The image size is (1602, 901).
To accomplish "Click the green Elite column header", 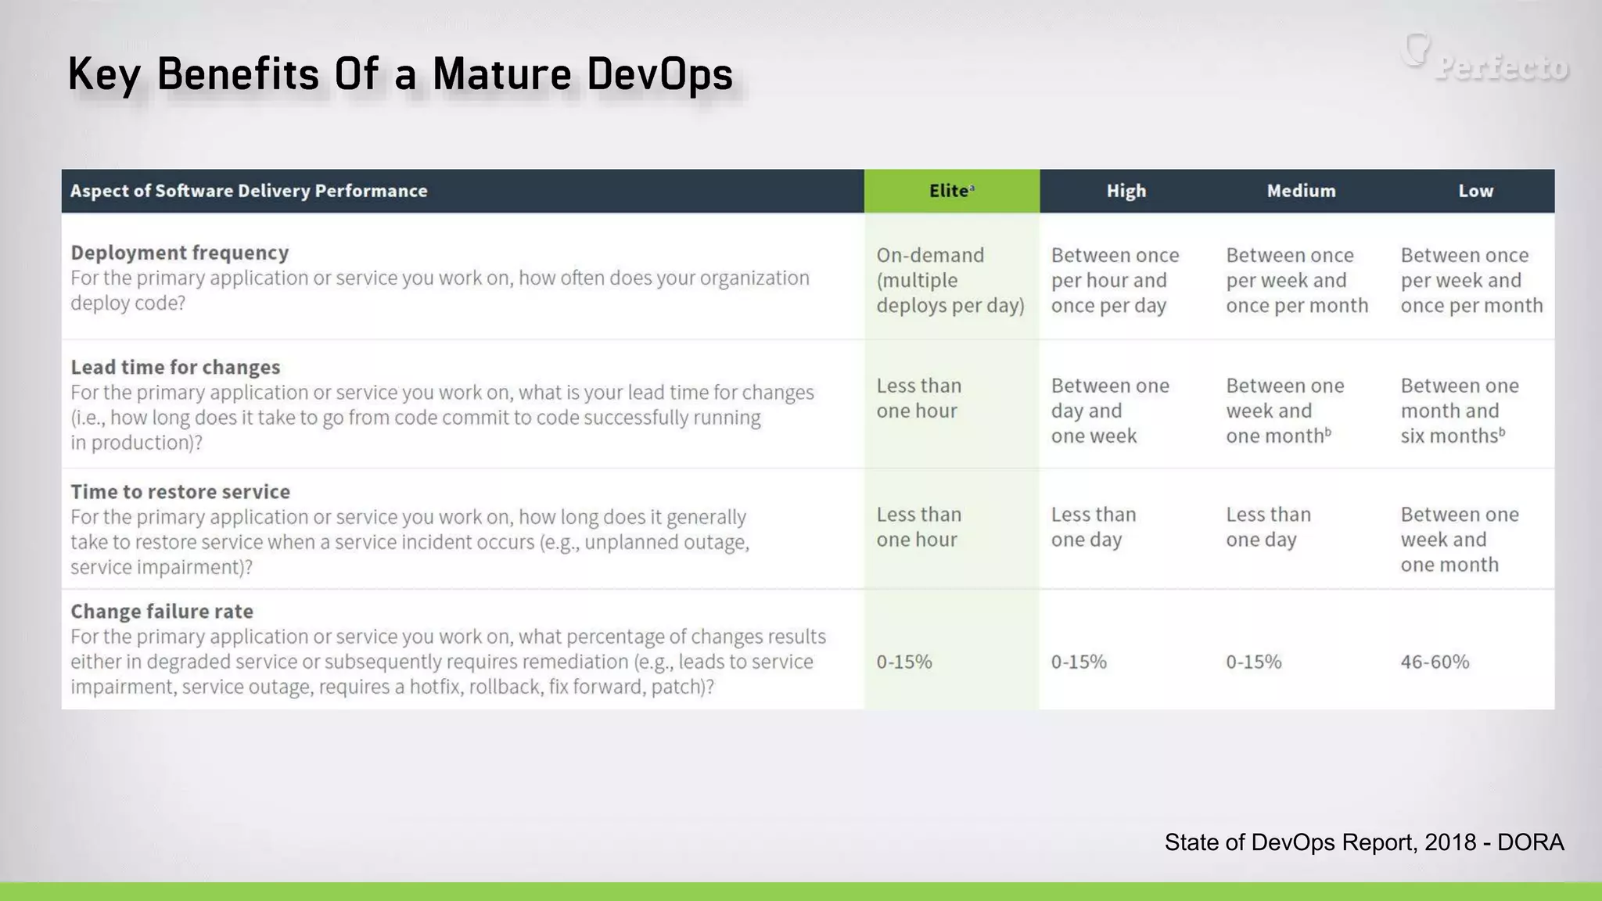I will coord(951,191).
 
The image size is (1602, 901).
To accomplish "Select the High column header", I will coord(1126,191).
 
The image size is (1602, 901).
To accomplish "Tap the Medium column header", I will coord(1301,191).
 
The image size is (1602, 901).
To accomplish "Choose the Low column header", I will coord(1475,191).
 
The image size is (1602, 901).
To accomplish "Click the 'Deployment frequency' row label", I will coord(180,253).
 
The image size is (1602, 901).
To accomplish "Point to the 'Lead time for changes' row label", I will coord(175,367).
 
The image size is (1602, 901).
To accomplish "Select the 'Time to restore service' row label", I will coord(180,492).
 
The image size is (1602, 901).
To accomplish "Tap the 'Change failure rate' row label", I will coord(162,612).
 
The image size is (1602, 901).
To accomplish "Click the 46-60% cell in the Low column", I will coord(1435,662).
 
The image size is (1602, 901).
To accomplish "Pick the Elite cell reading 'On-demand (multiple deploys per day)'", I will coord(950,280).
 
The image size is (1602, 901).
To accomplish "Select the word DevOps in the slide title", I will coord(659,75).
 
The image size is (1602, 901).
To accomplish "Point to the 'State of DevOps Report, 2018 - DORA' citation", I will coord(1363,842).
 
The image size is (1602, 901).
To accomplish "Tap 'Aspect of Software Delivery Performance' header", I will coord(249,191).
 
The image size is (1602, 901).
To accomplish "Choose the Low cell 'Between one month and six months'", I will coord(1459,411).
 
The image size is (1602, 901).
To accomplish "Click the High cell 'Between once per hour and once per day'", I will coord(1115,280).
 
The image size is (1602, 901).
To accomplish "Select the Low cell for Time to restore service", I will coord(1459,540).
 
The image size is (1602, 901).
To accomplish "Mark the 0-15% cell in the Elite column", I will coord(903,662).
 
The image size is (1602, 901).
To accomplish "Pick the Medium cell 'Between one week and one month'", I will coord(1284,411).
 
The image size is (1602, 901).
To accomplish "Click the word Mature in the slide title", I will coord(501,75).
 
